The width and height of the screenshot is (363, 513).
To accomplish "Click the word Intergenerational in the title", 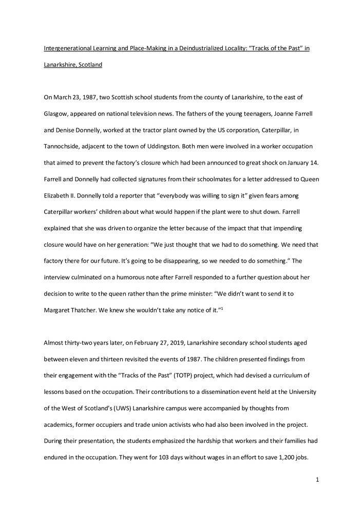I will click(64, 48).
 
